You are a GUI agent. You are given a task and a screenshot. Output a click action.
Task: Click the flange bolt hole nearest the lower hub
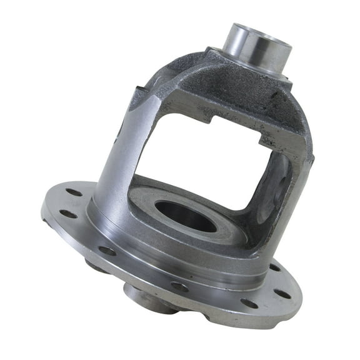pos(180,287)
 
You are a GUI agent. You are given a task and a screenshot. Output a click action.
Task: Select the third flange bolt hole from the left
pos(107,251)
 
